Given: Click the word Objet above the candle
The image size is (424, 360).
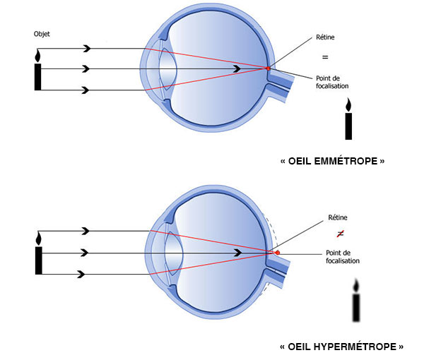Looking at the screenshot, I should (41, 34).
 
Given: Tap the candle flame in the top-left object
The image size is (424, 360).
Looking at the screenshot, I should (38, 55).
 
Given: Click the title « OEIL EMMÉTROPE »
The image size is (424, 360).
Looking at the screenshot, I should (332, 161).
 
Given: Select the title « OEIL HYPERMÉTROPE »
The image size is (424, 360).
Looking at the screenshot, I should (342, 347).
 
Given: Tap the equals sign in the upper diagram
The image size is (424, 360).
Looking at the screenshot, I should (326, 56).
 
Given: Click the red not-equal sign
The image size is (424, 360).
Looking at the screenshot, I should (341, 233).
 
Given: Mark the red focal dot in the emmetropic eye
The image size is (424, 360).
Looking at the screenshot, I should (268, 68).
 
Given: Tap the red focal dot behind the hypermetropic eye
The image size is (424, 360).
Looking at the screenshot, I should (277, 252).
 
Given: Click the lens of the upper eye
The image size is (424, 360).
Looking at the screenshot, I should (167, 69).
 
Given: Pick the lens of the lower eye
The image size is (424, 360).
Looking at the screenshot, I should (172, 252).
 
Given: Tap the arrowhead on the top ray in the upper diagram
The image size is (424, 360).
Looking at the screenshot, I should (87, 48).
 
